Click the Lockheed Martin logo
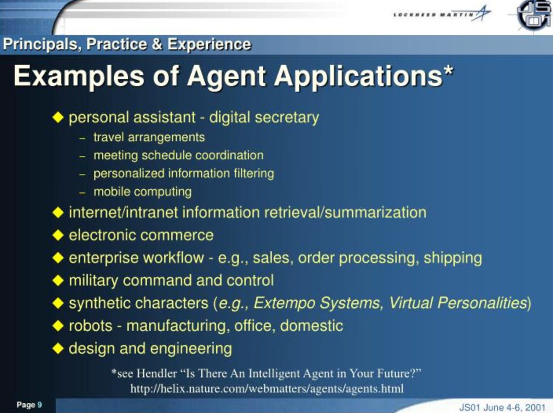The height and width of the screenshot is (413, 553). pos(442,14)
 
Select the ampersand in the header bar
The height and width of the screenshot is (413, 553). pos(157,44)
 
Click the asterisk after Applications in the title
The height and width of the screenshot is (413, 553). pos(448,72)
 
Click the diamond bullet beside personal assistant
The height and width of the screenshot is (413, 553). pos(58,118)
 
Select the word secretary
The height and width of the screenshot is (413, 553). pos(287,118)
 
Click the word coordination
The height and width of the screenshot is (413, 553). pos(229,155)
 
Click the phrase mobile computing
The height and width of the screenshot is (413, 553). pos(143,192)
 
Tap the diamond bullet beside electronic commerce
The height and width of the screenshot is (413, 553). pos(58,235)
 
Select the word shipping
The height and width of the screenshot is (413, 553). pos(453,258)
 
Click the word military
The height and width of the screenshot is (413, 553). pos(93,280)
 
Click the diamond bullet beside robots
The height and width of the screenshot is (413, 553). pos(58,326)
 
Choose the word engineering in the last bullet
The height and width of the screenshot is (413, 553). pos(191,349)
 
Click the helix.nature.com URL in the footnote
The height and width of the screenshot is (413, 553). pos(267,389)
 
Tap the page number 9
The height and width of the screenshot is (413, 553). pos(40,405)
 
